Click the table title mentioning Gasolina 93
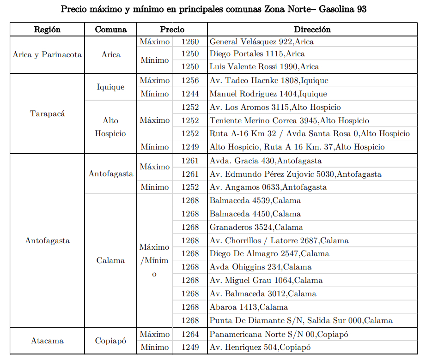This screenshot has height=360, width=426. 213,9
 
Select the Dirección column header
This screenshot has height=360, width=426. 312,30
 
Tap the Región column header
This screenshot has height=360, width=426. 47,30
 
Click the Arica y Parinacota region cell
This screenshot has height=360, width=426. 47,54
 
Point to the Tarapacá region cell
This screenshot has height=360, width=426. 47,114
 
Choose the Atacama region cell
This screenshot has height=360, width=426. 47,341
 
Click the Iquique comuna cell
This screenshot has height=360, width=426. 111,87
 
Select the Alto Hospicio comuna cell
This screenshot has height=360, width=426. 111,127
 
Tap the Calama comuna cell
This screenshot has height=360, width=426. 111,260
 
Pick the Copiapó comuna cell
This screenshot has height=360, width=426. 111,341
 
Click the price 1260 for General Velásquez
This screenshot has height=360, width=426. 190,42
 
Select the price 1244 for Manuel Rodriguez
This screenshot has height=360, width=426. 190,94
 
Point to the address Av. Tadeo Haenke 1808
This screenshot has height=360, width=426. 269,81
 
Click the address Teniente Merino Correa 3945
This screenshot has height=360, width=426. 289,121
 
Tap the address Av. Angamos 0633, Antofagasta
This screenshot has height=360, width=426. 268,187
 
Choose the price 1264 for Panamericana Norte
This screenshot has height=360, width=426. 190,334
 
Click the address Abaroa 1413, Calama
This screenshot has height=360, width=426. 249,307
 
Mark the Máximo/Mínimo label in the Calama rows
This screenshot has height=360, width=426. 154,260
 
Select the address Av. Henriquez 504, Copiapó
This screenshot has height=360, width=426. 260,348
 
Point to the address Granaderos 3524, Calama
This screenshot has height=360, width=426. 256,228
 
